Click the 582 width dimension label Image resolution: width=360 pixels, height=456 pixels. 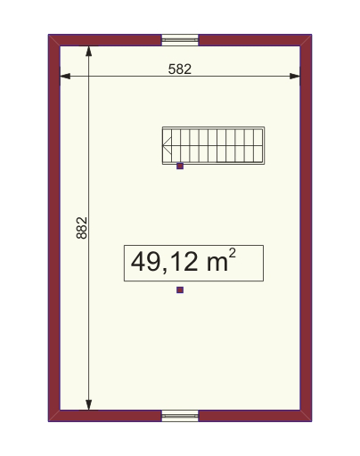point(180,68)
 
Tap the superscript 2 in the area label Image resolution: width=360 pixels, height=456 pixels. point(233,255)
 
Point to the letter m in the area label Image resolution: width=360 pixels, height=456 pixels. point(214,264)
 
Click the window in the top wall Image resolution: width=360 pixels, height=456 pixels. point(180,39)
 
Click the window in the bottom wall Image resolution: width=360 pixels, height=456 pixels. point(180,415)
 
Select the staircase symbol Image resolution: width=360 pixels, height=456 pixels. point(214,145)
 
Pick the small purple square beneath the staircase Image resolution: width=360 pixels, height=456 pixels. point(180,166)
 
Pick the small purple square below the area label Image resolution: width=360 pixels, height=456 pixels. point(180,289)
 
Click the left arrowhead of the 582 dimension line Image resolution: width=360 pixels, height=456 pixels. point(63,77)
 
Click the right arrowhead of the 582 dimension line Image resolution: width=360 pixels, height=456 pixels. point(297,77)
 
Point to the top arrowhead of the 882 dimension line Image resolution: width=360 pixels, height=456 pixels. point(90,50)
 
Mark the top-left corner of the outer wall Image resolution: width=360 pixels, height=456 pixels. point(49,36)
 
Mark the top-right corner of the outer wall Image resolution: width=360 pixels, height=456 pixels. point(311,36)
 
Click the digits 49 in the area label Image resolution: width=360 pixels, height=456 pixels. point(144,263)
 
